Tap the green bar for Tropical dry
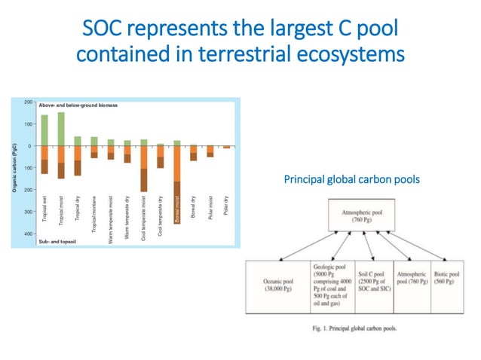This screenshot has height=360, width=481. click(x=78, y=141)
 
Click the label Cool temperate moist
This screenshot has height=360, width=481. click(x=144, y=206)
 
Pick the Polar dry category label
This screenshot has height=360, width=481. click(x=227, y=204)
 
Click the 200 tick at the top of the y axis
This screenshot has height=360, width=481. click(x=26, y=102)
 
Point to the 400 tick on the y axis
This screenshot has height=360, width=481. click(x=26, y=234)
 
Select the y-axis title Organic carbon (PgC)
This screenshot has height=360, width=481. click(x=16, y=167)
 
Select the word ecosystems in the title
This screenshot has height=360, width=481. click(x=349, y=55)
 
